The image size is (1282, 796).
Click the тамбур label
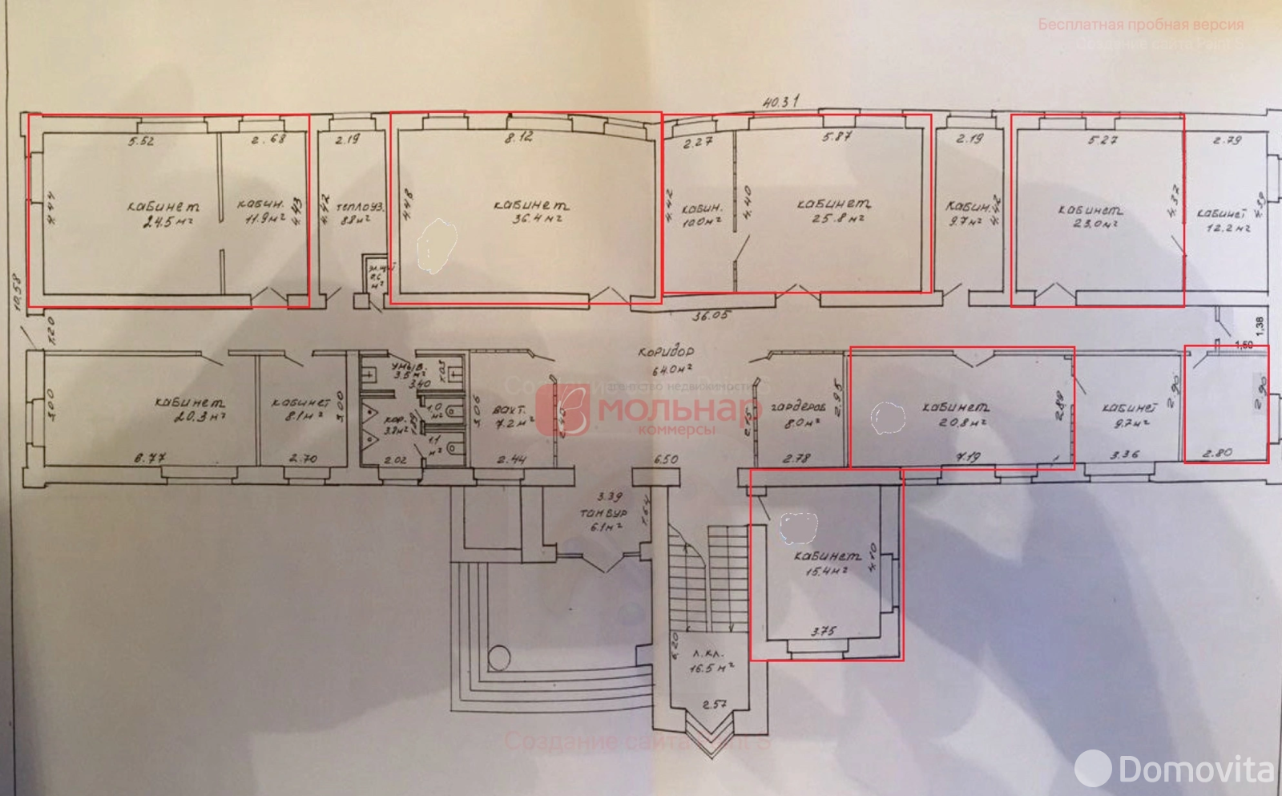tap(605, 511)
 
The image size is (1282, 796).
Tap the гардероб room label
tap(794, 406)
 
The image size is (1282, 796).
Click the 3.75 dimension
tap(823, 630)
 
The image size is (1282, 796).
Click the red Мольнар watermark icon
tap(566, 410)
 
